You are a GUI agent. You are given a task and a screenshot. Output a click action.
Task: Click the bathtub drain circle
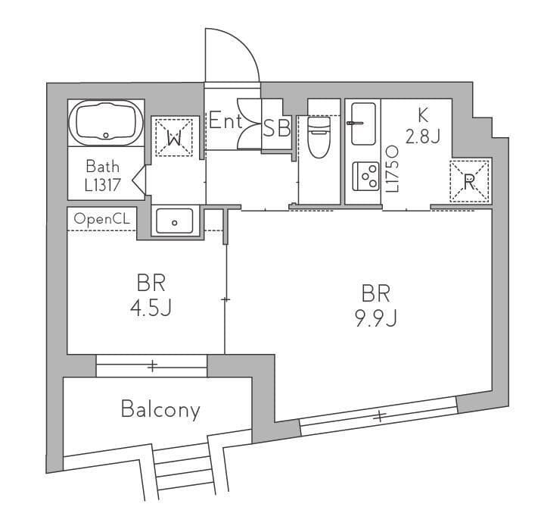tap(106, 136)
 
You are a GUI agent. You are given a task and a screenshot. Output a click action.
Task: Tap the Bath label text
tap(102, 167)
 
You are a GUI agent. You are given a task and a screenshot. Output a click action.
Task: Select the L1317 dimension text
tap(102, 185)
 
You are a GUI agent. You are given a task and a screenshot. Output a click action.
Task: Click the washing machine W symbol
tap(174, 138)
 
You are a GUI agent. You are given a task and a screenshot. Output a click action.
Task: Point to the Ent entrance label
tap(225, 121)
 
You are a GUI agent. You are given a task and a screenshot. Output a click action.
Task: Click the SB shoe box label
tap(277, 127)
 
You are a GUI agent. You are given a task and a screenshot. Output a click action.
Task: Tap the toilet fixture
tap(319, 137)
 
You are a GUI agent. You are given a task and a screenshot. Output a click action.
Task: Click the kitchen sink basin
tap(363, 124)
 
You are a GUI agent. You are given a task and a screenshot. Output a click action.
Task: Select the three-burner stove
tap(365, 177)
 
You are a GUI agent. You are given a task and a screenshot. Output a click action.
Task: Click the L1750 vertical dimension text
tap(393, 168)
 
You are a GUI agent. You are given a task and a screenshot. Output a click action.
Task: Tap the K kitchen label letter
tap(423, 115)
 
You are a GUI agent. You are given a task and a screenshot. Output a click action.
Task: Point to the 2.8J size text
tap(423, 136)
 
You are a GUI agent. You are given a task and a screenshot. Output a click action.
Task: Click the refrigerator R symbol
tap(469, 181)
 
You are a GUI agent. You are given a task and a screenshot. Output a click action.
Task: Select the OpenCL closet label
tap(102, 219)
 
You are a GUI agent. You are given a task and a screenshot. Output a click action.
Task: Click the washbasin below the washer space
tap(175, 221)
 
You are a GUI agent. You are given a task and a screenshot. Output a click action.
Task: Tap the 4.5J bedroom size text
tap(151, 308)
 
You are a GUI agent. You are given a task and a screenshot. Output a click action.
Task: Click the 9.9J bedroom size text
tap(376, 318)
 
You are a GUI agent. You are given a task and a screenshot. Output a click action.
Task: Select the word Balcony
tap(160, 410)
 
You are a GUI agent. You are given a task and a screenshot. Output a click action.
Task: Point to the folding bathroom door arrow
tap(138, 180)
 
